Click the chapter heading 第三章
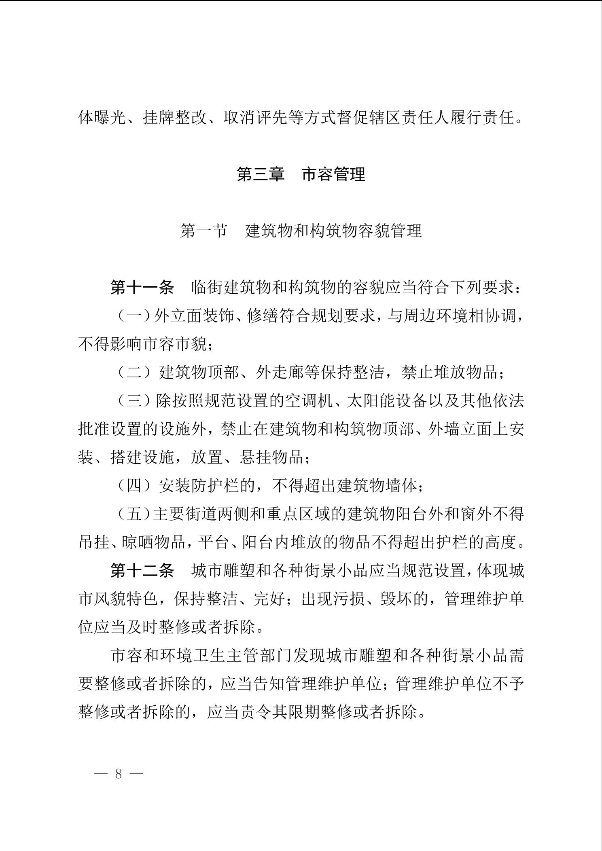pos(261,174)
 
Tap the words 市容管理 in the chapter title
pos(334,174)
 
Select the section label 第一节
pos(203,231)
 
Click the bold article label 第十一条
pos(142,288)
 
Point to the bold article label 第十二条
pos(142,571)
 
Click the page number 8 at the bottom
pos(119,773)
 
